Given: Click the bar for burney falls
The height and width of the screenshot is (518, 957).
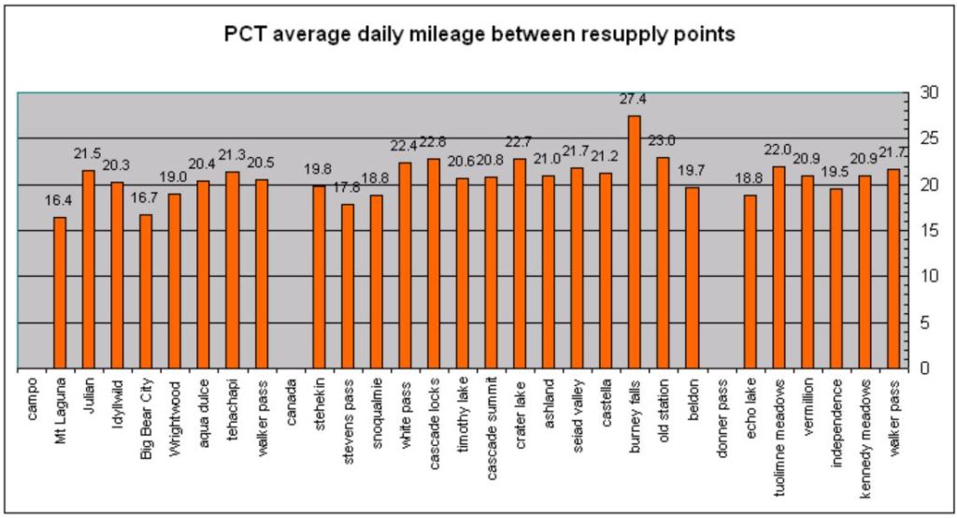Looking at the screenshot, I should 635,242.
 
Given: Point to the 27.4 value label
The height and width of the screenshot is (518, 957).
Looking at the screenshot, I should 634,98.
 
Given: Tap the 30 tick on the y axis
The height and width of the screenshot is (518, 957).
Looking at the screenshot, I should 929,93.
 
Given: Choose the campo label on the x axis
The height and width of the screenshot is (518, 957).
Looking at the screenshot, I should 32,396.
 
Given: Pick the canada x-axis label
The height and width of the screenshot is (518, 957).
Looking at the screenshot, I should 291,399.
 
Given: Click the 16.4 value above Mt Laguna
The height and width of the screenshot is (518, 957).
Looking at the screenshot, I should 60,200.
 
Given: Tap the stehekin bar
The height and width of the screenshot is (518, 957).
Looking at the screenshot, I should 319,277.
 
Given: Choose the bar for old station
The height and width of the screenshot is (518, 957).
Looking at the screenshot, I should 664,263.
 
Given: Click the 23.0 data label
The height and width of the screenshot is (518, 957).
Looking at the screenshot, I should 664,140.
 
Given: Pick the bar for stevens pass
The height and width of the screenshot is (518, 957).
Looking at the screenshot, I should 348,286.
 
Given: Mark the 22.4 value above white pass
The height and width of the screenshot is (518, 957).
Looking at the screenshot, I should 405,145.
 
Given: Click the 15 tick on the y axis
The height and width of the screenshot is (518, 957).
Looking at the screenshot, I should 929,231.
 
